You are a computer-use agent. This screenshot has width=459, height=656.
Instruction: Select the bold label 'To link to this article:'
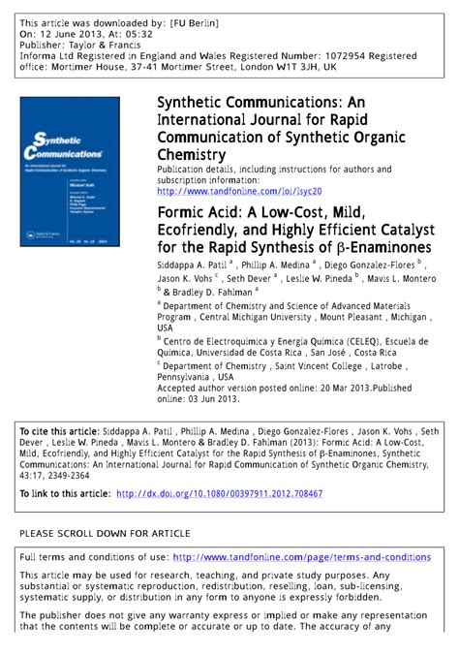pyautogui.click(x=65, y=493)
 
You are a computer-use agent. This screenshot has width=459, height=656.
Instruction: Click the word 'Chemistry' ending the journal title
pyautogui.click(x=192, y=154)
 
